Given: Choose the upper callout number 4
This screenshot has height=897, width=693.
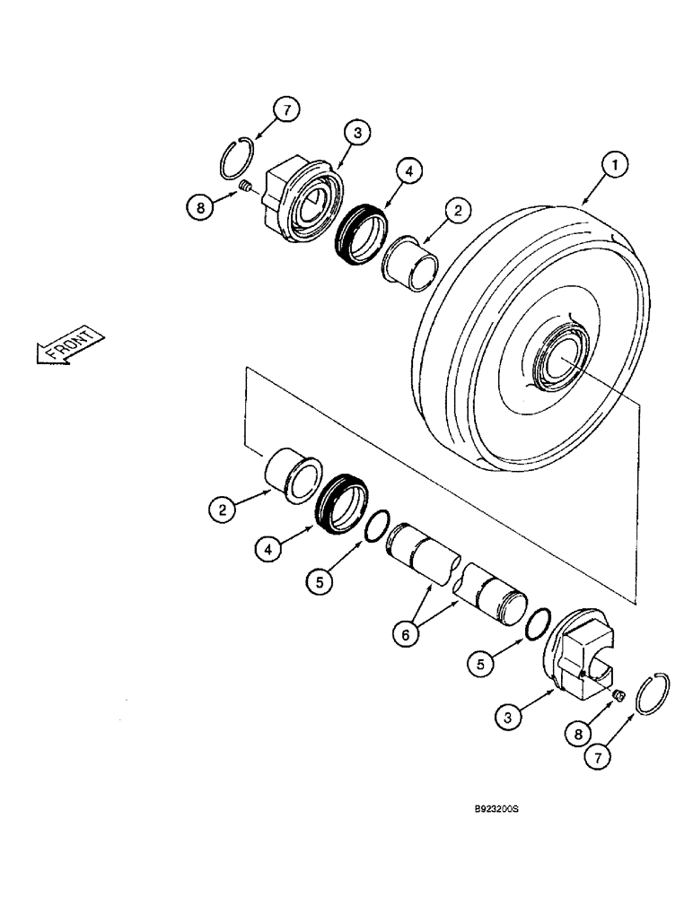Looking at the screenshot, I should (408, 171).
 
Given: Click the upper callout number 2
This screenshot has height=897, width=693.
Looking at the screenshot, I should (457, 211).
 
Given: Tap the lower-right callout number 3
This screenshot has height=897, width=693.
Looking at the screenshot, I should (510, 716).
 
